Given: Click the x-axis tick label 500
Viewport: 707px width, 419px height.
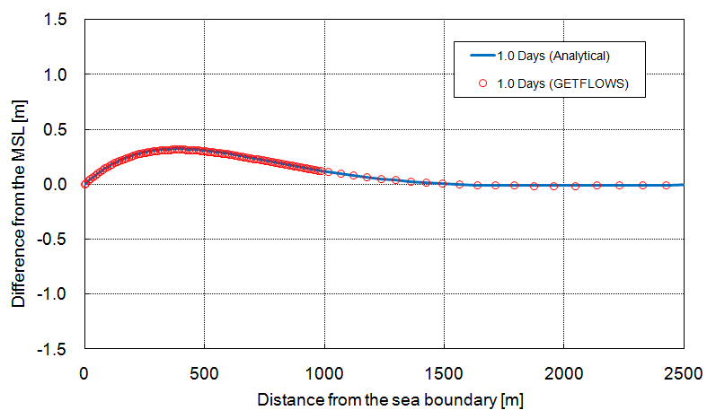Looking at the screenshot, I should tap(204, 370).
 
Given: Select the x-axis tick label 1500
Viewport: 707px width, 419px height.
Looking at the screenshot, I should tap(444, 370).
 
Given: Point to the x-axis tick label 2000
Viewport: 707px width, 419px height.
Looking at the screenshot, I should tap(563, 370).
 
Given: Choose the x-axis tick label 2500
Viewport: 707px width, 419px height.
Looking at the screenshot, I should tap(683, 370).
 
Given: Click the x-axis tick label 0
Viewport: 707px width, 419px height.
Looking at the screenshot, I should tap(84, 370).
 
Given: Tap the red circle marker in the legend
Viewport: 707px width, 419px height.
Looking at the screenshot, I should tap(482, 83).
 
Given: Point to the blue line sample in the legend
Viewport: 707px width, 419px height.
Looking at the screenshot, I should tap(482, 56).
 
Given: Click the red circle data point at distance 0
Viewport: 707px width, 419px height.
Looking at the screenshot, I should tap(84, 184).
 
